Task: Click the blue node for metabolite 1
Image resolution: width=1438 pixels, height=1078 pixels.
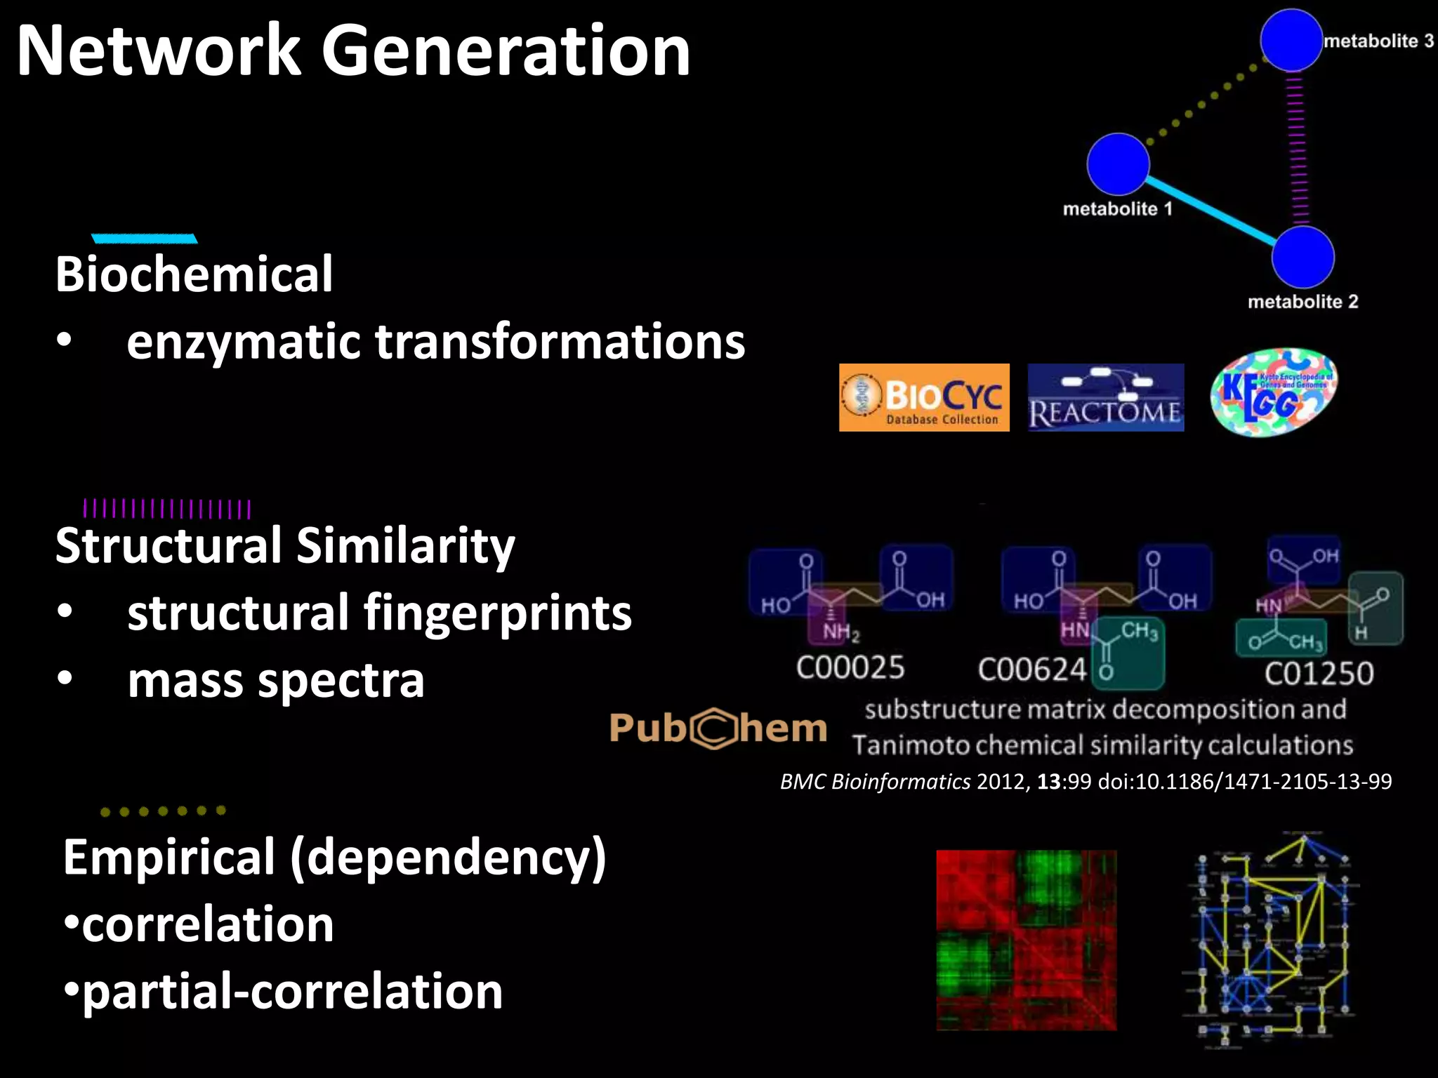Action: pos(1118,164)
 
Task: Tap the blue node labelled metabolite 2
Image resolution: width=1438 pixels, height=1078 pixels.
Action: pos(1302,257)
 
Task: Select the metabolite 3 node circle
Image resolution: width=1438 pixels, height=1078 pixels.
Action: pos(1291,40)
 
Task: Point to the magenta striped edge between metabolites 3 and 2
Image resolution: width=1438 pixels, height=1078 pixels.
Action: pos(1296,149)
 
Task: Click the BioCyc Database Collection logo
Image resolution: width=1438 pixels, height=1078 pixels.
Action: pos(924,397)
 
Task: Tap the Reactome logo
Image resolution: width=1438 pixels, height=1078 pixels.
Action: pos(1106,397)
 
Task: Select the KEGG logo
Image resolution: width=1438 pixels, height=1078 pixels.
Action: pos(1274,392)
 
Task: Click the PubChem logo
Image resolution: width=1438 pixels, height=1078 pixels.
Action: pos(718,728)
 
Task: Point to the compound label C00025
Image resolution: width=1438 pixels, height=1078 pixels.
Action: pos(850,667)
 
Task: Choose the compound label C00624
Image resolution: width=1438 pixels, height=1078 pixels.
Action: pos(1032,670)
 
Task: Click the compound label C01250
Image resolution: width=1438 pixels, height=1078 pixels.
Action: pos(1319,674)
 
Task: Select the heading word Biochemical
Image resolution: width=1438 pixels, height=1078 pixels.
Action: pos(194,274)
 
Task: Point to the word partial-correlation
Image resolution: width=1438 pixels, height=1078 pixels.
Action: pos(292,991)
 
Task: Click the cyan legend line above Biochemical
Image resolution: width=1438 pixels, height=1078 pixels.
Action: pos(145,239)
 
